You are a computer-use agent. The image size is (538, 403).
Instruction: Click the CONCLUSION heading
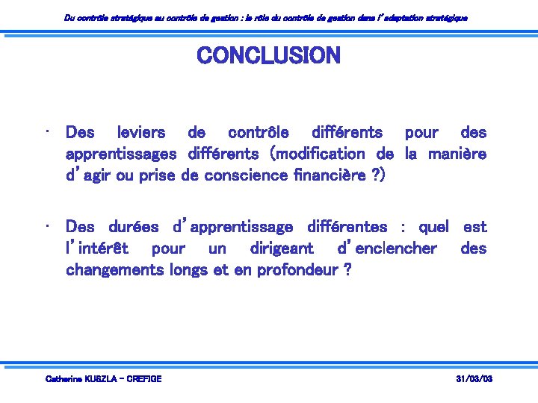coord(268,55)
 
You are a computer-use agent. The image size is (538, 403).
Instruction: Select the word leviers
coord(142,133)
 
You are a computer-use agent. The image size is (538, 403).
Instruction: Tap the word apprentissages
coord(121,154)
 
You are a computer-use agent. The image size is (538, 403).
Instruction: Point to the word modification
coord(321,154)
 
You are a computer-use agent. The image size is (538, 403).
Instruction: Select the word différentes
coord(347,226)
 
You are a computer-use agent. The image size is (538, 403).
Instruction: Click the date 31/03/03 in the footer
coord(474,379)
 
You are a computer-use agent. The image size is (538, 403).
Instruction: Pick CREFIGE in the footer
coord(144,379)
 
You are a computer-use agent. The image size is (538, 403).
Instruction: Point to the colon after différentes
coord(403,228)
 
